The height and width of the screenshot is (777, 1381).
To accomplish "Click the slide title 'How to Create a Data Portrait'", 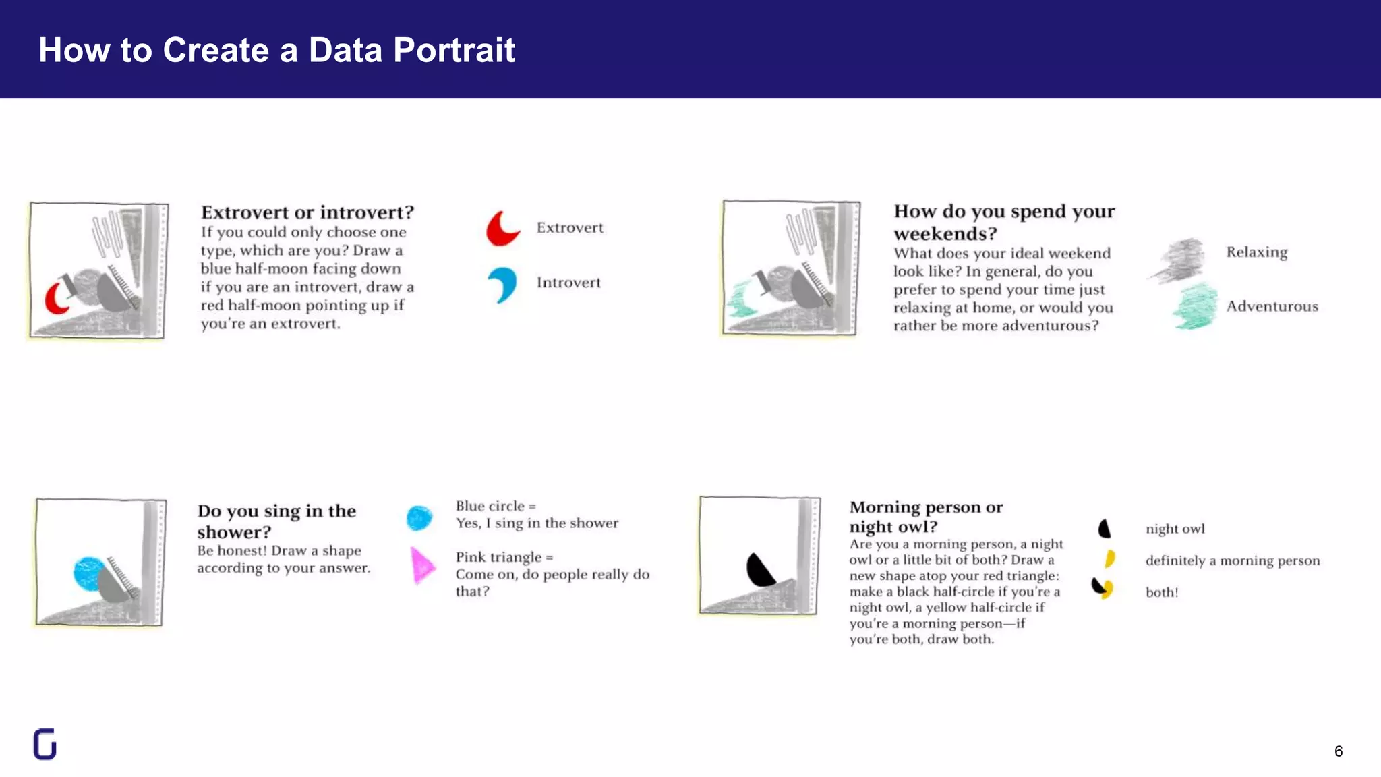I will point(276,50).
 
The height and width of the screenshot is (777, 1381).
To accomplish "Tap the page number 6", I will point(1338,751).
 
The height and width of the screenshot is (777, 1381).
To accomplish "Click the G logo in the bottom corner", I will point(45,745).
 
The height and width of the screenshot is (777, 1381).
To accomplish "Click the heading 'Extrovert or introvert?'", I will point(307,212).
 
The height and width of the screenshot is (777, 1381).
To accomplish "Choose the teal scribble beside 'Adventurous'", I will point(1196,308).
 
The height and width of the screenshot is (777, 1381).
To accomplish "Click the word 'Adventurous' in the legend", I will point(1272,306).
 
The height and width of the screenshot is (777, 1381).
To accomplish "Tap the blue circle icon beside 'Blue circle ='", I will point(419,518).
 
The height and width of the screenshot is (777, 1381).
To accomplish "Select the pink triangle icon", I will point(422,565).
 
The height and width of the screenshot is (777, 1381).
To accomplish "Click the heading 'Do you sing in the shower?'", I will point(276,521).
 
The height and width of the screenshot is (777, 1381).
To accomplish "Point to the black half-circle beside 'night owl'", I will point(1104,528).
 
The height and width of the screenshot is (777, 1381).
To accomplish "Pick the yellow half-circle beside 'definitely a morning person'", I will point(1110,559).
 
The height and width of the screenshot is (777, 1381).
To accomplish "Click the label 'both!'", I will point(1162,592).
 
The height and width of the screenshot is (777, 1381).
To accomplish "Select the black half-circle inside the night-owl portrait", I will point(759,571).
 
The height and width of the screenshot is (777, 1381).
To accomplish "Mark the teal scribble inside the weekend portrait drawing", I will point(742,301).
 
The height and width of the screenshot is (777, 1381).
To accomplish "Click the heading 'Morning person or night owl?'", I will point(926,517).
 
